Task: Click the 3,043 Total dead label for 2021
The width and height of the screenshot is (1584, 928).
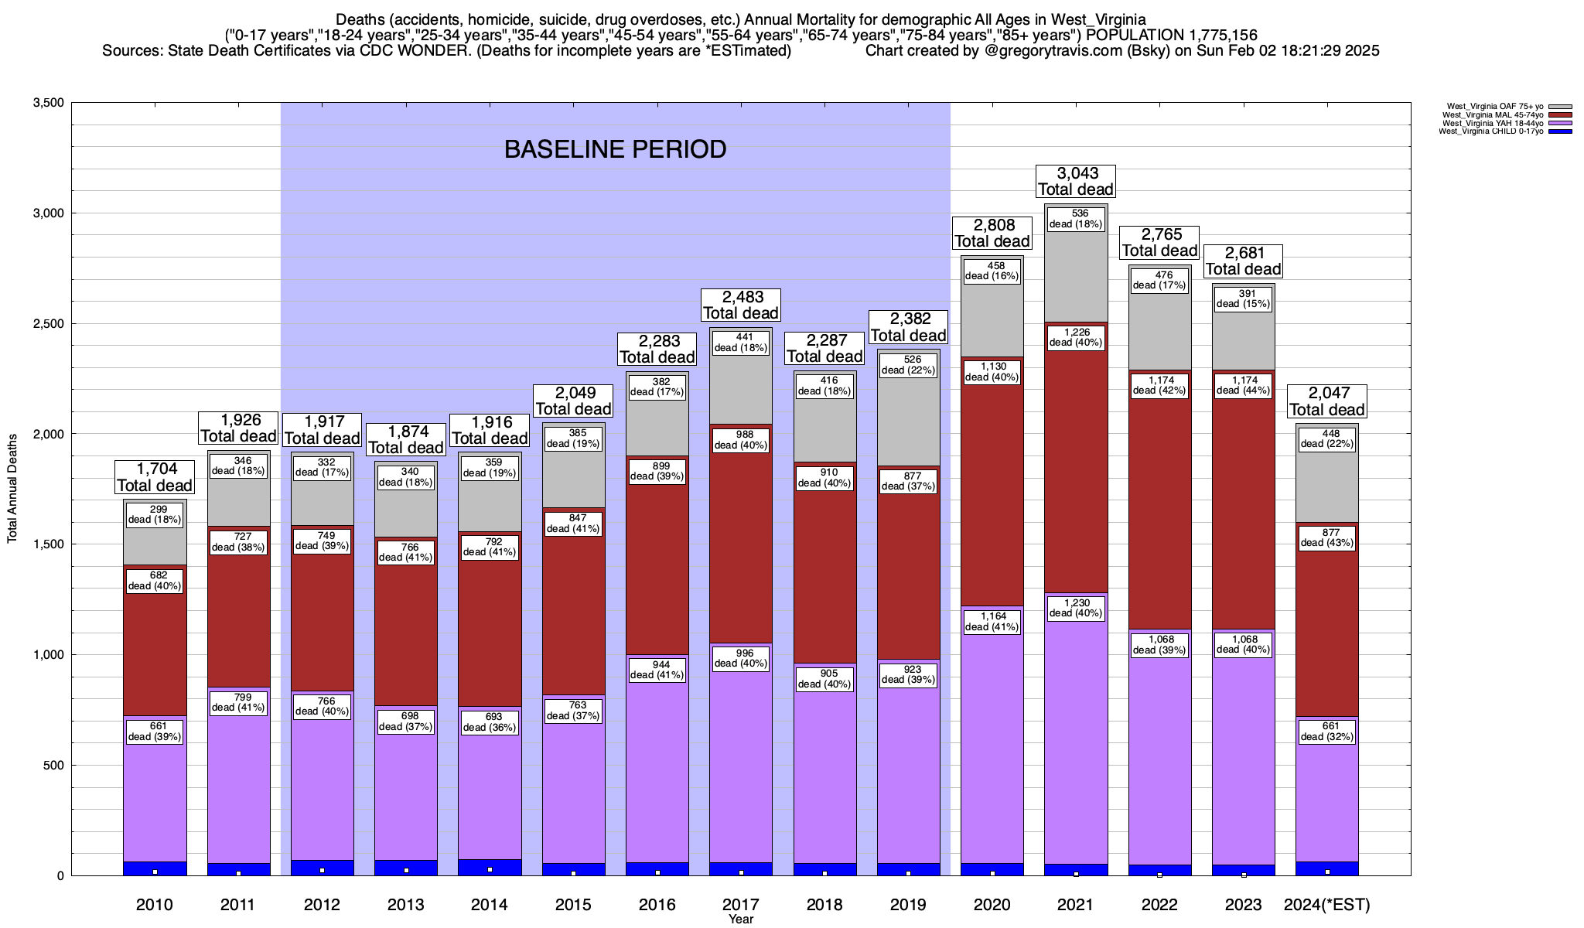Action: (x=1075, y=181)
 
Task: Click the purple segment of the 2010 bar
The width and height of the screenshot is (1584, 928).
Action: (x=155, y=789)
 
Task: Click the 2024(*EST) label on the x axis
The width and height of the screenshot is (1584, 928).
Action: (x=1326, y=905)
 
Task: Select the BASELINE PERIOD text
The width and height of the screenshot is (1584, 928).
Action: (x=615, y=149)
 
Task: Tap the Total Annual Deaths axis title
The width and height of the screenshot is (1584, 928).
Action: (x=12, y=489)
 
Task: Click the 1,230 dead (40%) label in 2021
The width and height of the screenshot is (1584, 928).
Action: (x=1076, y=608)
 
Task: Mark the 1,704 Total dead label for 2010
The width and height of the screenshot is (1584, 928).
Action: (x=154, y=477)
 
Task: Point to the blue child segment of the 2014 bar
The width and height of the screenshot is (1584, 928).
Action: (x=490, y=867)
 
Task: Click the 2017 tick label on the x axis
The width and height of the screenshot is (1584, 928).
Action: (x=741, y=905)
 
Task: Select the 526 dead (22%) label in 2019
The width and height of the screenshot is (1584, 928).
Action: (x=909, y=365)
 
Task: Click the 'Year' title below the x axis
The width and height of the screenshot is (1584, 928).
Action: (x=740, y=919)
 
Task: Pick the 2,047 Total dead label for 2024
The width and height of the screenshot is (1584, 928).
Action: (x=1326, y=401)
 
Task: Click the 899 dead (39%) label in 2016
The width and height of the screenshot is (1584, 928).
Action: (x=657, y=471)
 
